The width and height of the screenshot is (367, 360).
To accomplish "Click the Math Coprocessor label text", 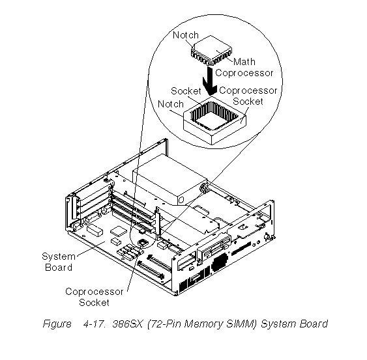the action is coord(244,67).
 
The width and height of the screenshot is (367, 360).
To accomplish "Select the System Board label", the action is coord(59,262).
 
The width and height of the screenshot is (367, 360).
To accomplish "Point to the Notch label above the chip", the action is coord(186,35).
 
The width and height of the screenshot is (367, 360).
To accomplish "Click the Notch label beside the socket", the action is coord(171,104).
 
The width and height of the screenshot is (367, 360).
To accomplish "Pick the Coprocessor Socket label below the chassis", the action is coord(95,297).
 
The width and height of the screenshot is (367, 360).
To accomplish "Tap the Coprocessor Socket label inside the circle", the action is coord(248,96).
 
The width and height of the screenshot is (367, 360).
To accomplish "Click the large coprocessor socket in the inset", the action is coord(214,120).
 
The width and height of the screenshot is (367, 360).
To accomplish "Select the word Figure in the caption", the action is coord(57,324).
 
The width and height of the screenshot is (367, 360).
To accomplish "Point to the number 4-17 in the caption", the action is coord(94,324).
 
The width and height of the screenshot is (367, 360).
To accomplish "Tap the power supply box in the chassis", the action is coord(169,180).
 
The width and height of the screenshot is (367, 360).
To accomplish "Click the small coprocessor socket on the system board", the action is coord(143,243).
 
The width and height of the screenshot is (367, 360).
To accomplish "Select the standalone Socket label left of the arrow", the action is coord(186,91).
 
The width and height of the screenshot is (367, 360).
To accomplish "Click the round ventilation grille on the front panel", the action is coord(219,262).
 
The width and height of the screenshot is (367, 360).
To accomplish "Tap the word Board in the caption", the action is coord(314,324).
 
